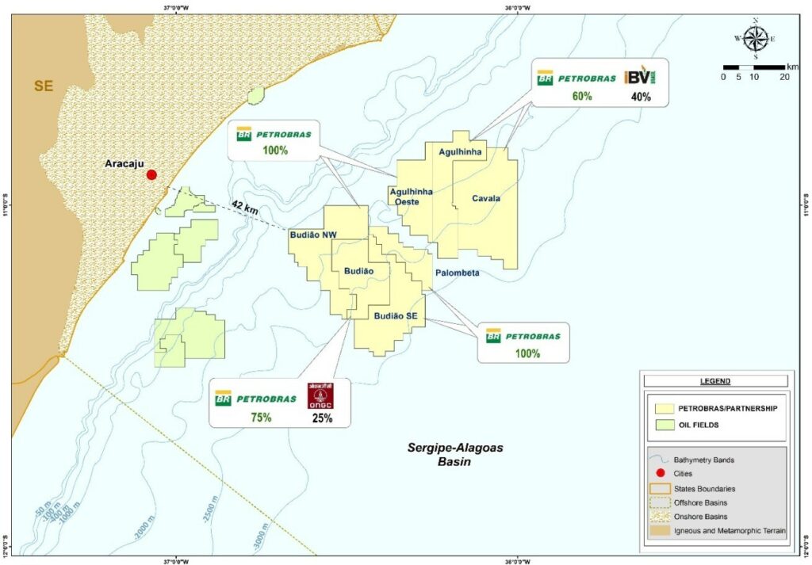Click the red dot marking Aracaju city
(x=151, y=175)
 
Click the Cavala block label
(x=485, y=198)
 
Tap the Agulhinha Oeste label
(x=411, y=196)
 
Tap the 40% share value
(x=641, y=97)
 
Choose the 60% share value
(x=583, y=97)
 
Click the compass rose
(x=756, y=37)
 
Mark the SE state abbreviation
(x=43, y=86)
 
